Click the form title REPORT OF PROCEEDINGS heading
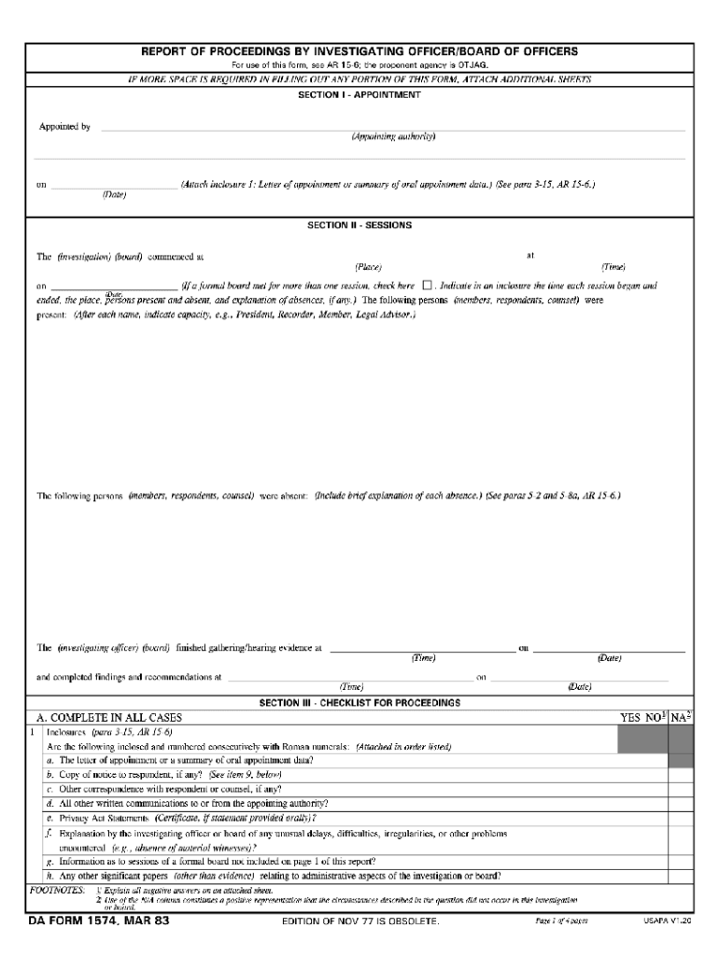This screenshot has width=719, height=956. [359, 50]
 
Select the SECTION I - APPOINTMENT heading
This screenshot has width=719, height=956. [359, 94]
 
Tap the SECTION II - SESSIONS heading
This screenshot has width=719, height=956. [359, 225]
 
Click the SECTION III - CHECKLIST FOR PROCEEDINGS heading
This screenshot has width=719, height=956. [359, 701]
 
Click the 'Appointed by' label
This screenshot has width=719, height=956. [64, 126]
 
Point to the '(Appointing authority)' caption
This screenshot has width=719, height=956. [393, 136]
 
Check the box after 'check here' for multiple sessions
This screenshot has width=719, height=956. [427, 285]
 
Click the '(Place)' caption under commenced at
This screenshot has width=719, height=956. [368, 266]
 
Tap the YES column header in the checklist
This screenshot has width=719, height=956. [632, 718]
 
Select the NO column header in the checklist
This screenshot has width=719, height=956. [656, 718]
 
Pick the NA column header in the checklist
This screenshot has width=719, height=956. [681, 718]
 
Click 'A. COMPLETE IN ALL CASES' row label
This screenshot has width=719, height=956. [109, 718]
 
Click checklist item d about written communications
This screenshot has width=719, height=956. [187, 803]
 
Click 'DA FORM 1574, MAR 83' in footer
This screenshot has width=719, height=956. [97, 921]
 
